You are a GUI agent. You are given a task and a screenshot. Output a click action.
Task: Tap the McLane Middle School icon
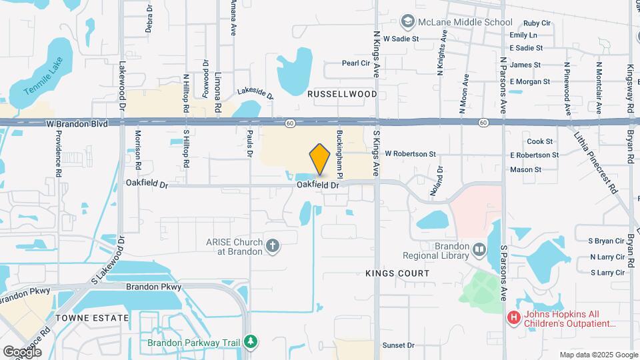[x=405, y=22]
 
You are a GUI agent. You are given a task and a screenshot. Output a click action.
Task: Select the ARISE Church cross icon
[x=272, y=247]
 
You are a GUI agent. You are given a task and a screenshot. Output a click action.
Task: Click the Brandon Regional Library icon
[x=479, y=250]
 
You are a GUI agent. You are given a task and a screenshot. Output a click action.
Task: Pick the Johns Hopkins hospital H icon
[x=513, y=318]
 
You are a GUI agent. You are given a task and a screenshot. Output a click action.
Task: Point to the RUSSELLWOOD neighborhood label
[x=342, y=95]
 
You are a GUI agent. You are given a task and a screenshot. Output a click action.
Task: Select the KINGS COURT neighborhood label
[x=397, y=273]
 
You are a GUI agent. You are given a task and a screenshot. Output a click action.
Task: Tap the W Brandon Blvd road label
[x=77, y=124]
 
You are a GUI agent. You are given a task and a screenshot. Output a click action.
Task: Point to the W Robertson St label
[x=410, y=154]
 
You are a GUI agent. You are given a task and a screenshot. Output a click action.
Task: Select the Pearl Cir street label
[x=355, y=63]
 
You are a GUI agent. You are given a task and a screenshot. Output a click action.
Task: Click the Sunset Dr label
[x=398, y=345]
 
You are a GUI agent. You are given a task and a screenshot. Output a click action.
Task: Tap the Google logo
[x=22, y=351]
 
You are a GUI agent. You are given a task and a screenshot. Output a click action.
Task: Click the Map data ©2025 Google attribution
[x=598, y=355]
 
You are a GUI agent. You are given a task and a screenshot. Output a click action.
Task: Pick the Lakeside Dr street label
[x=256, y=94]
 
